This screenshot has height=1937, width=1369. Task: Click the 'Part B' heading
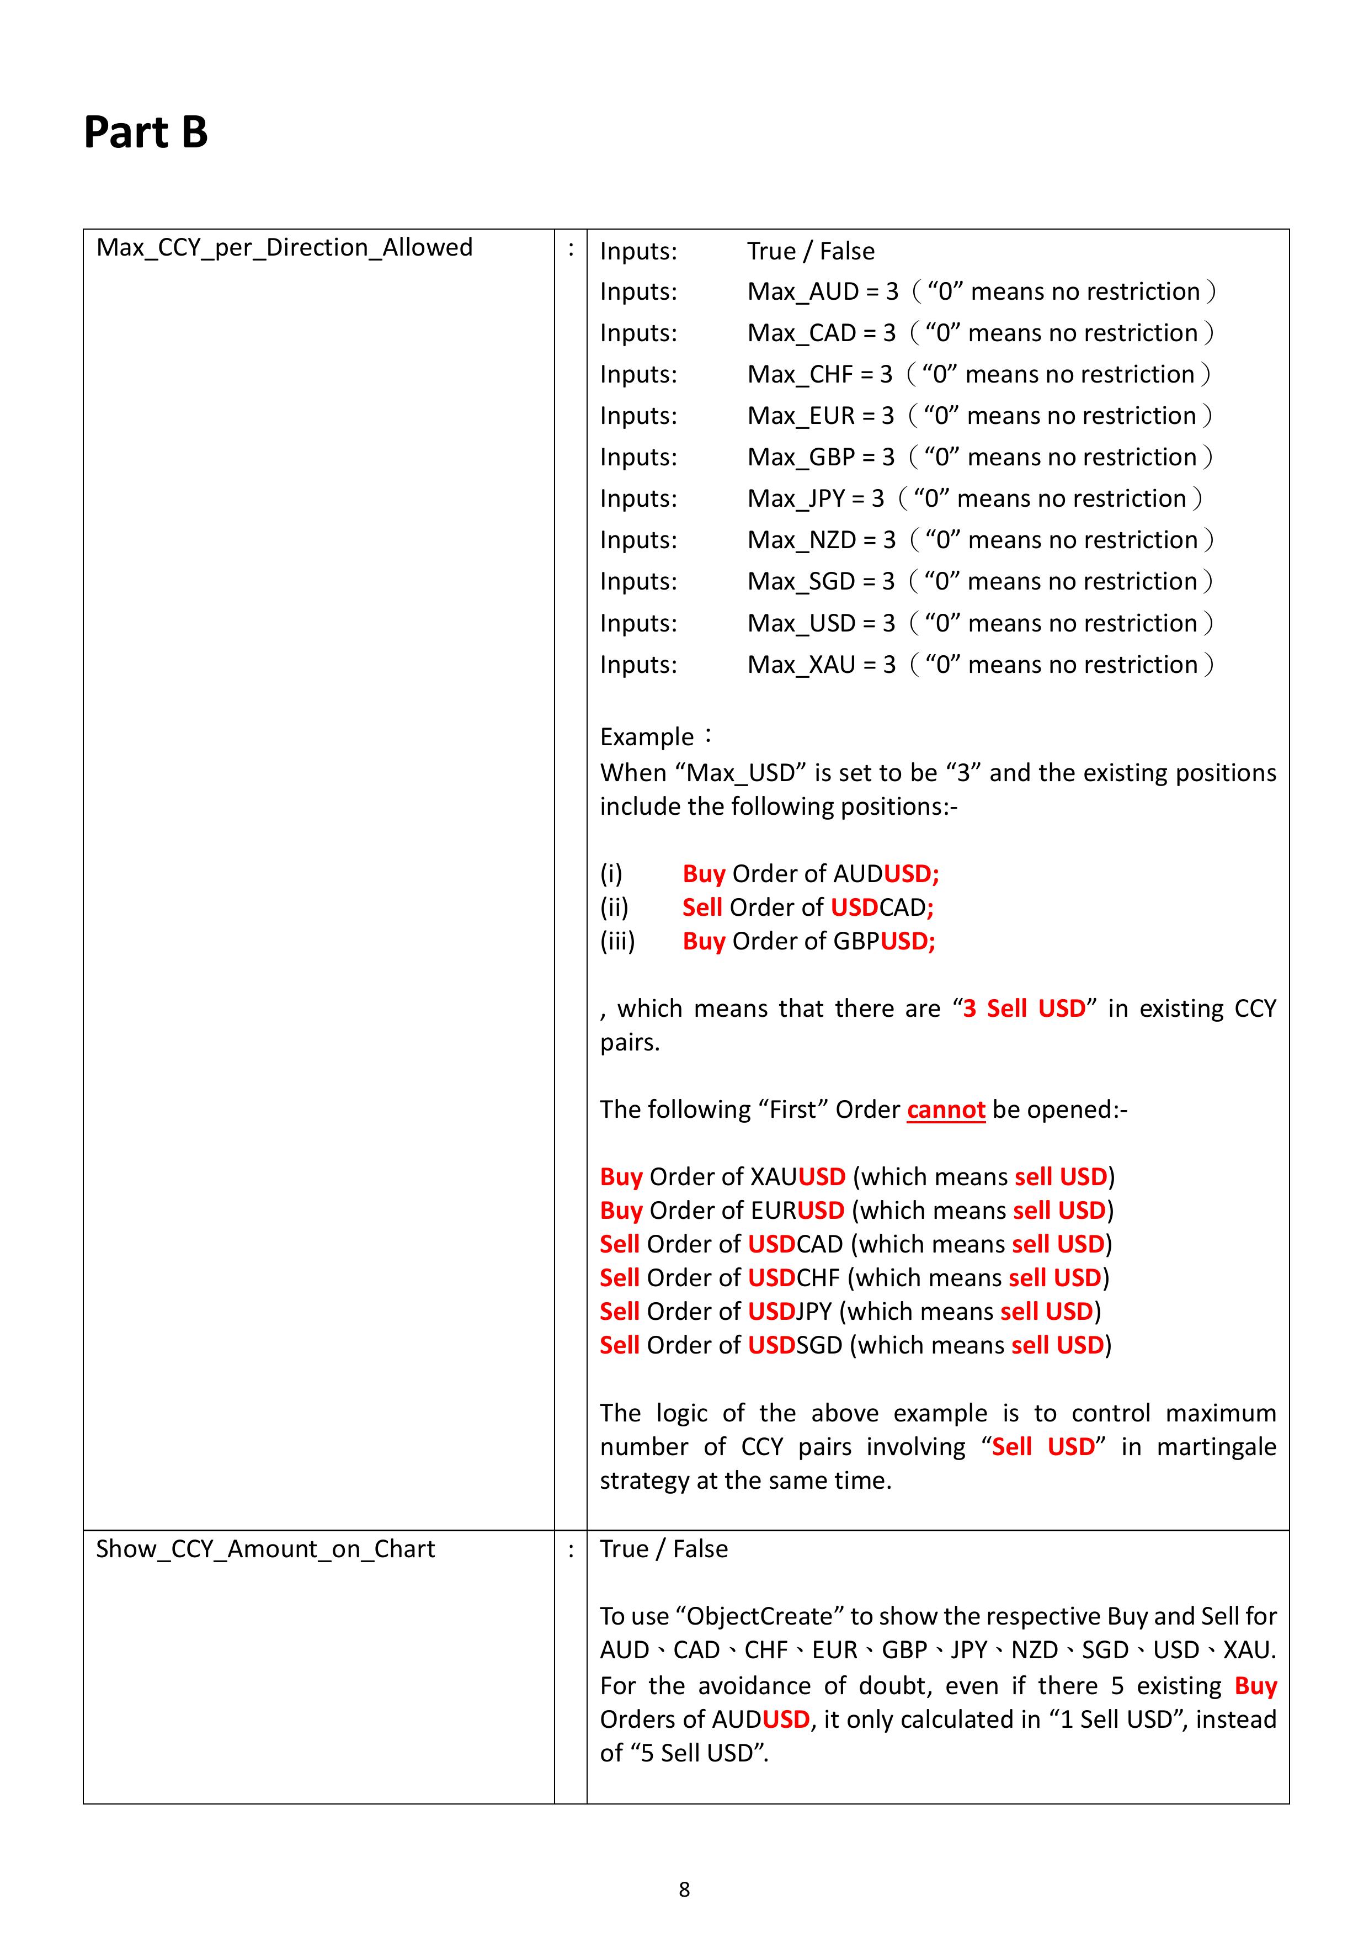coord(145,132)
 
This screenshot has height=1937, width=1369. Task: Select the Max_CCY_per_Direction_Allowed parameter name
coord(284,248)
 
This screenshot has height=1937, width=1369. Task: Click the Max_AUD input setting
coord(822,292)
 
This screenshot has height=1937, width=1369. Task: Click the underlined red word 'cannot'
coord(946,1110)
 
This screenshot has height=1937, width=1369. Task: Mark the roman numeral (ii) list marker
coord(614,908)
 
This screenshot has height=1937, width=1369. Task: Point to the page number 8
coord(684,1890)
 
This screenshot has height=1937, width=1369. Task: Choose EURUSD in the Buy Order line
coord(797,1211)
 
